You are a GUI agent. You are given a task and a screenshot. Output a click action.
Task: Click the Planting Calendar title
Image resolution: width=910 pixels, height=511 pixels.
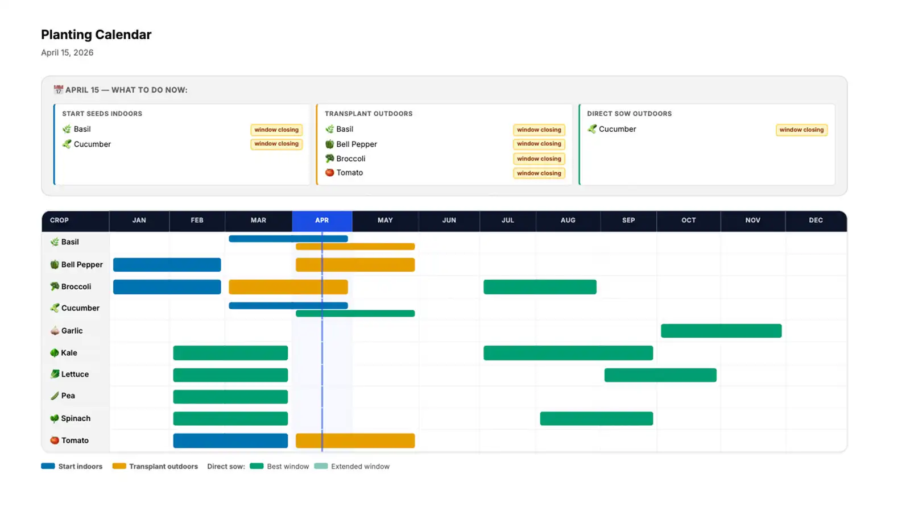(96, 35)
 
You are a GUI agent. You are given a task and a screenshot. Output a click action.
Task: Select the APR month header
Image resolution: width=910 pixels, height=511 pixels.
(322, 221)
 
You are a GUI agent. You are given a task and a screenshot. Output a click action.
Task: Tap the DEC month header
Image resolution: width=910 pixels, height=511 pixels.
(816, 221)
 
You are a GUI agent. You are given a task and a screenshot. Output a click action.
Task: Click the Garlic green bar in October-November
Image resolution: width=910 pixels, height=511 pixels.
(721, 331)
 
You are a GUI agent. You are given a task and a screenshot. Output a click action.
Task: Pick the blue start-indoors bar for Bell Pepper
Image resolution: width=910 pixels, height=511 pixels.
(167, 265)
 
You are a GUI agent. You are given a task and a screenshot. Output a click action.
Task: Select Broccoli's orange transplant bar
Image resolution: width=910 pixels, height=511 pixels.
(288, 287)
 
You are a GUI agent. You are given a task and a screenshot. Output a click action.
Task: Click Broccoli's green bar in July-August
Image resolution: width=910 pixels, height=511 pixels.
(540, 287)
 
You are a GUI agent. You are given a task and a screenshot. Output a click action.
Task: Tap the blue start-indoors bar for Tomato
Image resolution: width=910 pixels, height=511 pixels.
(230, 441)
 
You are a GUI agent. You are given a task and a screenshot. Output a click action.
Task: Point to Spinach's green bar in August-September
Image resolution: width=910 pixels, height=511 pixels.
(596, 419)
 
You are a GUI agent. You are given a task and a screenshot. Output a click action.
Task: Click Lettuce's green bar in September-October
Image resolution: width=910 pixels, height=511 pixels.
(660, 375)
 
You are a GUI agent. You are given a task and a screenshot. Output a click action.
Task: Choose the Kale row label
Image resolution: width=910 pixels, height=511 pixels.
(69, 353)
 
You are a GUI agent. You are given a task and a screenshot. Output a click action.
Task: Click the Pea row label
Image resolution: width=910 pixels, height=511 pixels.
(68, 396)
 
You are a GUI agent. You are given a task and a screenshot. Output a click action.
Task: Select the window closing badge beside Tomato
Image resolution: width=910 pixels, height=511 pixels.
(539, 173)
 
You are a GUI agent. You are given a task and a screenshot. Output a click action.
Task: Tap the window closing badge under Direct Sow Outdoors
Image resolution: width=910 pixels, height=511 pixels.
(801, 130)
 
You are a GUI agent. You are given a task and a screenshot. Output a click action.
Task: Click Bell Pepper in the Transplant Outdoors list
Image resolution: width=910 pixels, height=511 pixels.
(356, 144)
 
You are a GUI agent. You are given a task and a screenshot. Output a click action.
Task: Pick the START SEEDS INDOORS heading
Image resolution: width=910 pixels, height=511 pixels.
(102, 114)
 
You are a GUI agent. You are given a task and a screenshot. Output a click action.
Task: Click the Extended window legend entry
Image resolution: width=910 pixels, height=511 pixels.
(359, 467)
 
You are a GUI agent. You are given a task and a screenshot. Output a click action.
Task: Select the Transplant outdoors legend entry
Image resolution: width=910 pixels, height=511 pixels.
(163, 467)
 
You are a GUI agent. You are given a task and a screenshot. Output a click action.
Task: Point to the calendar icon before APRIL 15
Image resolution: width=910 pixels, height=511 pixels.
(58, 90)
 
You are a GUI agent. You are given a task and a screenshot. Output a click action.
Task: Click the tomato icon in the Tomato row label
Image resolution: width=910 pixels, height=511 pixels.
(55, 441)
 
